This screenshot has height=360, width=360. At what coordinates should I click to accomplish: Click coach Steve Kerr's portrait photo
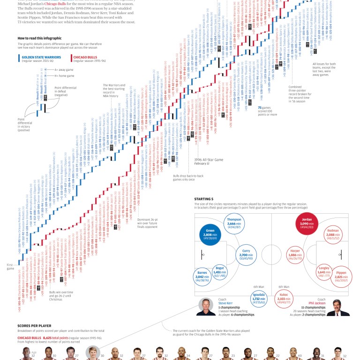point(206,306)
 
